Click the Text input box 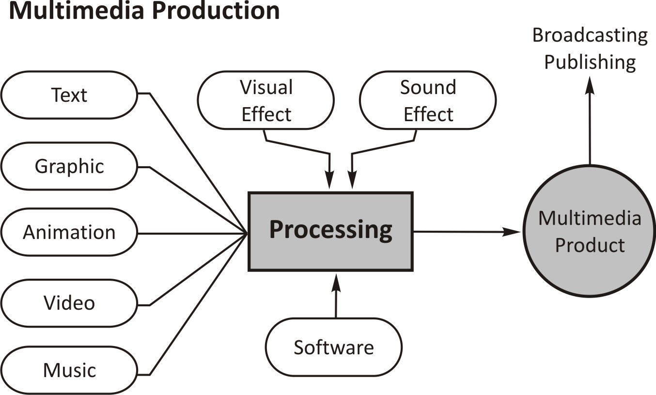tap(69, 95)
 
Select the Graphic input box tap(69, 166)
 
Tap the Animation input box tap(69, 232)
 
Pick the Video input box tap(69, 303)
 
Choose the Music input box tap(69, 370)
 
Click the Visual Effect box tap(266, 101)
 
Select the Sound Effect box tap(428, 101)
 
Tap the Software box tap(334, 348)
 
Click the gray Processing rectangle tap(330, 231)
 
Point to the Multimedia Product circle tap(590, 232)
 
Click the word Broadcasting tap(590, 36)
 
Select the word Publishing tap(590, 63)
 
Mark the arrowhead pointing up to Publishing tap(590, 85)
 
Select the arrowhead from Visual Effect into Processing tap(329, 182)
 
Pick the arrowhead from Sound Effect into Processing tap(352, 182)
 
